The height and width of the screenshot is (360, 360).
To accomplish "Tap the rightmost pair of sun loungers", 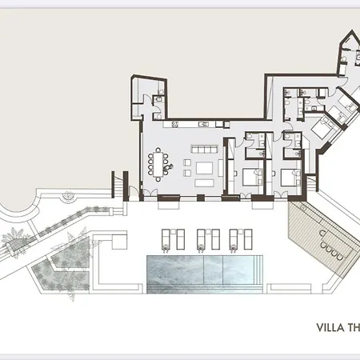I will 237,238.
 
